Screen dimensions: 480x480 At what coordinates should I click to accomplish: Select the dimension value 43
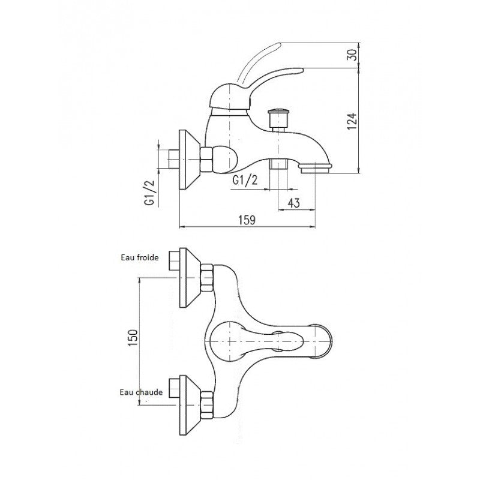point(293,203)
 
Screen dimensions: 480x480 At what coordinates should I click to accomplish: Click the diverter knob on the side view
point(277,114)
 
